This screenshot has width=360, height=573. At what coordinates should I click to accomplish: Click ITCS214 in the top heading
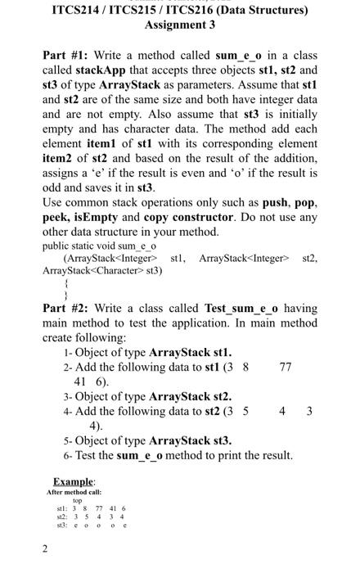(x=78, y=11)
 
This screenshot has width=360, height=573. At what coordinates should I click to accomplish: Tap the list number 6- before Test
(x=67, y=454)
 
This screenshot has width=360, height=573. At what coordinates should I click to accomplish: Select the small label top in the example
(x=77, y=500)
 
